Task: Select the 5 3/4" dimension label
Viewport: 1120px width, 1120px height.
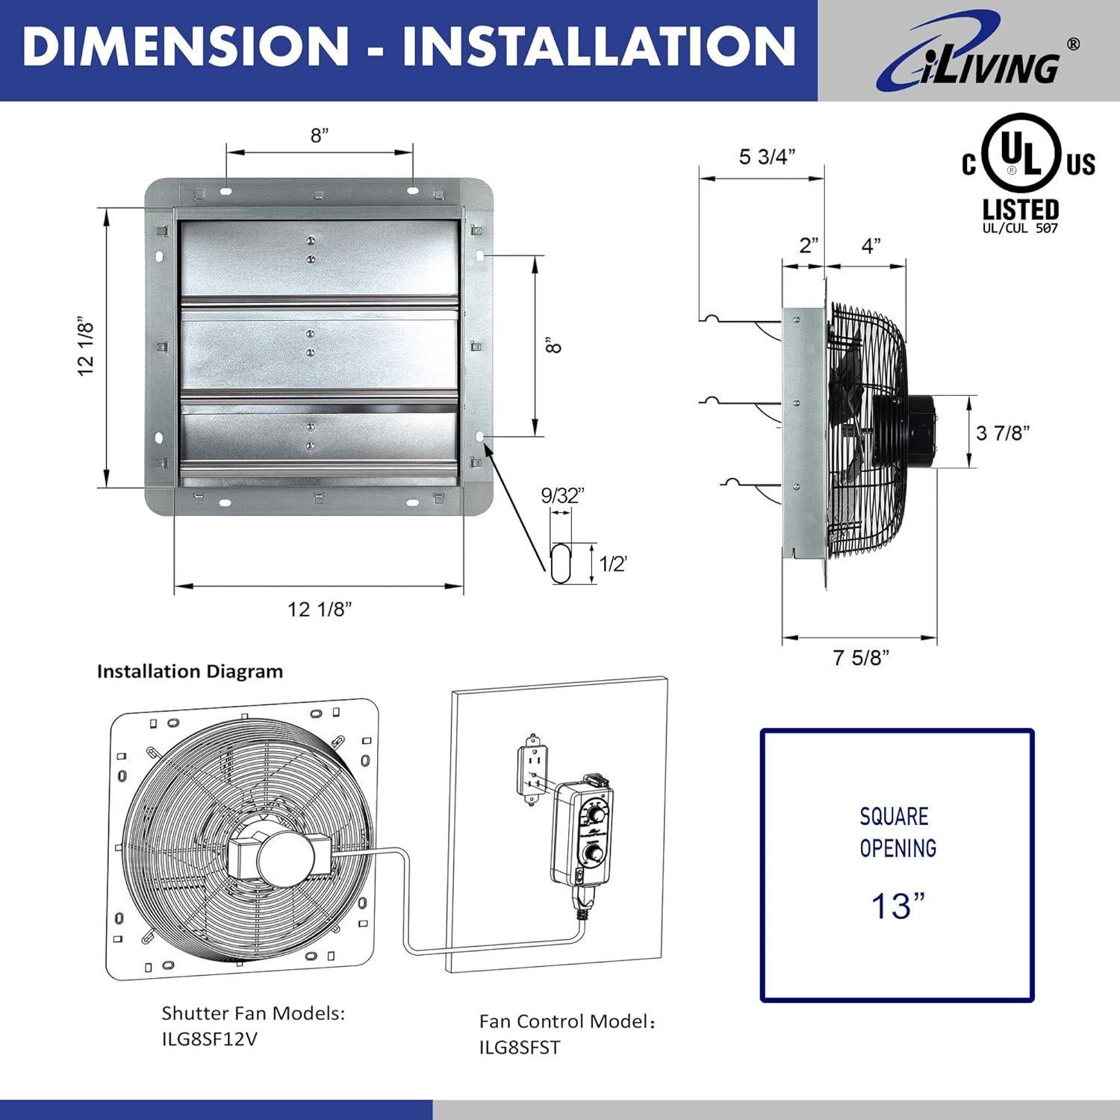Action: point(767,157)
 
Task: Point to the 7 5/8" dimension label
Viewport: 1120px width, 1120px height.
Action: point(861,658)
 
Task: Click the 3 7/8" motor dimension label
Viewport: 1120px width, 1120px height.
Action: point(1003,432)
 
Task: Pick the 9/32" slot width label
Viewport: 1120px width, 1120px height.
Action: point(562,496)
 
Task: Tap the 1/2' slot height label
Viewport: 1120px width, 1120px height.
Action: point(612,564)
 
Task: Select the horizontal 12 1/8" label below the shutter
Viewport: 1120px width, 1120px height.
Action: point(320,609)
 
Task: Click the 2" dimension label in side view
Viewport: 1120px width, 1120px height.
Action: point(809,245)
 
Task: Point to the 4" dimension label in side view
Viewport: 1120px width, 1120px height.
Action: point(871,245)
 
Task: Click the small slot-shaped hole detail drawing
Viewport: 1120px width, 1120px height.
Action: point(561,564)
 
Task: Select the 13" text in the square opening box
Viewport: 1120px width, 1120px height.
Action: point(897,906)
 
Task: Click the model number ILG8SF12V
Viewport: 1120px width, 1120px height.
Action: point(210,1039)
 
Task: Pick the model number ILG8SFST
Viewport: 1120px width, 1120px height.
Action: point(519,1047)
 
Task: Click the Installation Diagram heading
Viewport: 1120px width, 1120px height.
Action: point(190,671)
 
